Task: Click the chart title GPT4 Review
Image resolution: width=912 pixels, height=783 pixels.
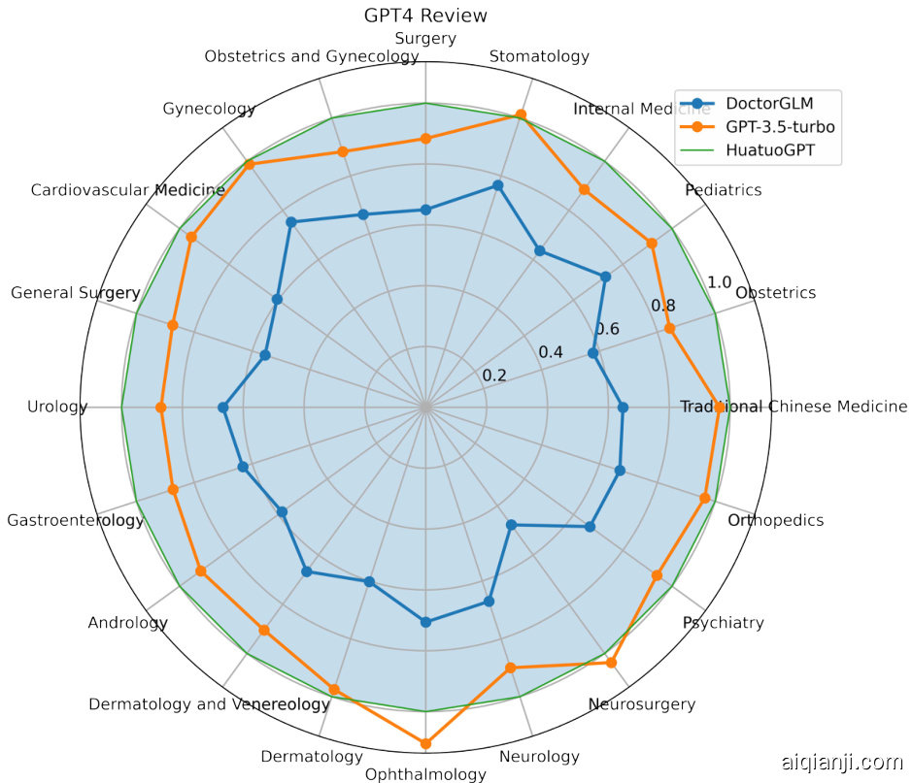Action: tap(425, 16)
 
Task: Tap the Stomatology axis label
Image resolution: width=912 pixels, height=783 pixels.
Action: tap(539, 56)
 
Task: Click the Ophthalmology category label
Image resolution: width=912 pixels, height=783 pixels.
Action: tap(425, 774)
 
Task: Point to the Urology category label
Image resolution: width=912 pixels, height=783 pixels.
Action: tap(58, 407)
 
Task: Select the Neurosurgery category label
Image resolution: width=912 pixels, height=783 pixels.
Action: tap(642, 703)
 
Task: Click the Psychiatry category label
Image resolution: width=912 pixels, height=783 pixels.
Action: tap(723, 623)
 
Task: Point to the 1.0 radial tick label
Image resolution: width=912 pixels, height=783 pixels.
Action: tap(720, 282)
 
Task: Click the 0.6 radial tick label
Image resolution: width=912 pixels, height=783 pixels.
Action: tap(607, 328)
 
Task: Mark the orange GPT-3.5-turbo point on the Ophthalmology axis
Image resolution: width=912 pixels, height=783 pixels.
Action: tap(425, 743)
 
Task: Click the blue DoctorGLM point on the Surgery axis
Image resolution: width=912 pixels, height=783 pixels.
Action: tap(425, 210)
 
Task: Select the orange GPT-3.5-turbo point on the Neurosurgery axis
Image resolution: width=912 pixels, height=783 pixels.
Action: tap(611, 663)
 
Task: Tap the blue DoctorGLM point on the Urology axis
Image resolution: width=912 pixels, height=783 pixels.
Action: tap(222, 408)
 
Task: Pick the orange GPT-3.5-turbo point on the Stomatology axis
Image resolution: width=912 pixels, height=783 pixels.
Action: tap(521, 115)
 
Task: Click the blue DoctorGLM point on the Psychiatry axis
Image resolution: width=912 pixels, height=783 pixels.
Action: tap(589, 527)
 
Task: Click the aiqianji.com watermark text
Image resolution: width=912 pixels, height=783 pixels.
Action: tap(842, 763)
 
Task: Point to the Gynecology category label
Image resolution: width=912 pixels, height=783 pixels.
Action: tap(210, 109)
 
